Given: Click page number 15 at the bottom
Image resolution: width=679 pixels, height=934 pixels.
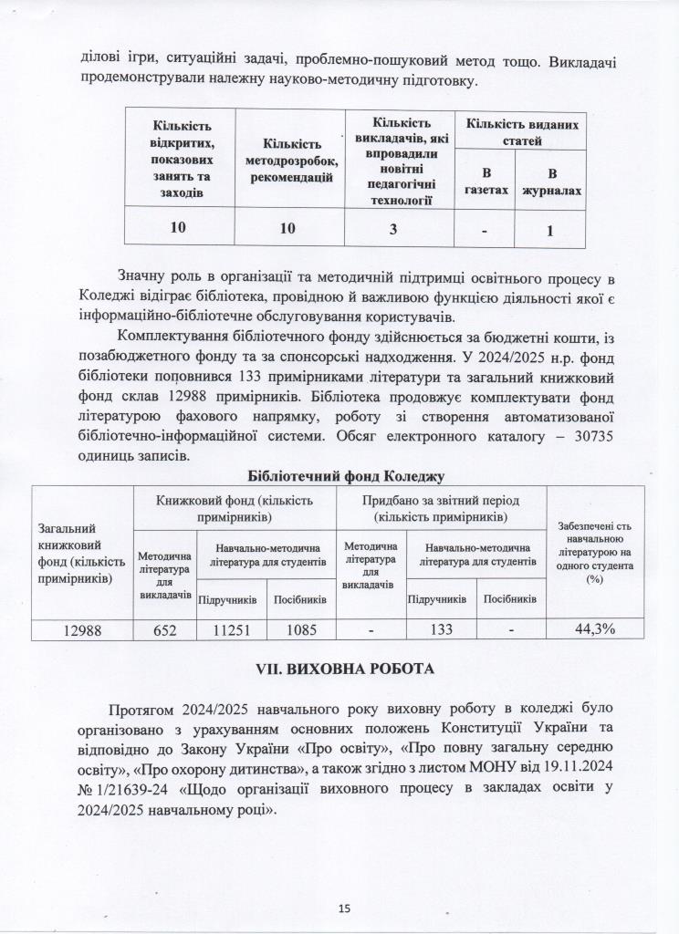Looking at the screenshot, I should (344, 908).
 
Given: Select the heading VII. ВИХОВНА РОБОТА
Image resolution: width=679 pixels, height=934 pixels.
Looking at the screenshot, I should (339, 669).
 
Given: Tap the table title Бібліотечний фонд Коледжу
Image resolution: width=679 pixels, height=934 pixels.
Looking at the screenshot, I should (346, 476).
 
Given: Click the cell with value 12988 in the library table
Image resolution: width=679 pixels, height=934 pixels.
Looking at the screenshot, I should (82, 629).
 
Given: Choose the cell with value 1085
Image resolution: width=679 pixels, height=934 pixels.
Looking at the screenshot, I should (301, 629).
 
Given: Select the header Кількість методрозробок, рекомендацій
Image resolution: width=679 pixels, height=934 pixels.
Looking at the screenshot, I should (290, 160).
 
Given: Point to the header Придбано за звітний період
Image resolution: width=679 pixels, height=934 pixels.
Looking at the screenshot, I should (442, 509).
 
